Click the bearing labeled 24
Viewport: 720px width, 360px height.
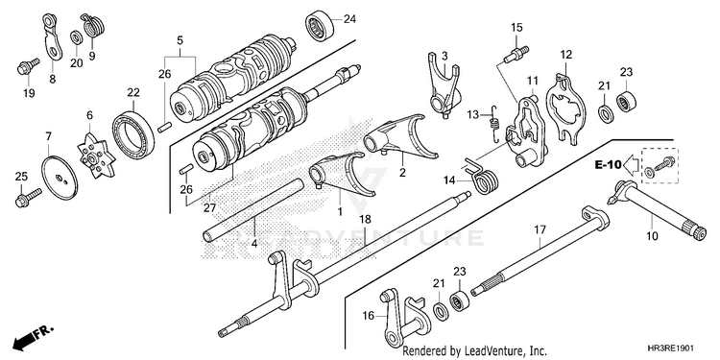pos(320,27)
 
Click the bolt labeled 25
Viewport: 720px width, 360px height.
pos(28,198)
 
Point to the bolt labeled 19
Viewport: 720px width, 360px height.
pos(27,66)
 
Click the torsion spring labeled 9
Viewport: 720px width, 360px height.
pos(93,27)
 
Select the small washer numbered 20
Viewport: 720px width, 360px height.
pos(76,37)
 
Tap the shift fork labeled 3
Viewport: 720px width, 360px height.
pos(444,84)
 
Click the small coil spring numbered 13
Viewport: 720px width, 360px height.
pos(494,123)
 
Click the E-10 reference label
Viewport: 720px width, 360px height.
pos(608,164)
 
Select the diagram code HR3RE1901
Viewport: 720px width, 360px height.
pos(675,348)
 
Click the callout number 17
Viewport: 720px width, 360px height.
pos(540,228)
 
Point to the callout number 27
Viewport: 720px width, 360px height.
pos(209,208)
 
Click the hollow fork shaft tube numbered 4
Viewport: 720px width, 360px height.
pos(254,209)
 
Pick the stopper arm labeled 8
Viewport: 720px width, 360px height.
pos(53,37)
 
